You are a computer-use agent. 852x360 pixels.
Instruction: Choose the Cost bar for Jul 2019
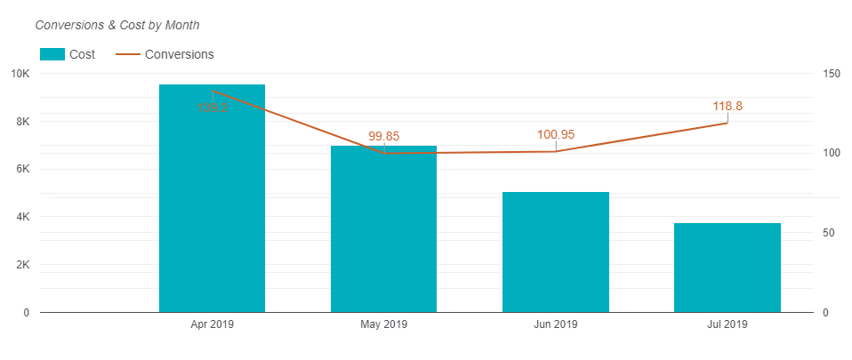(727, 268)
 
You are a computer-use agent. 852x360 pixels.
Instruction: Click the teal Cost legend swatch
(52, 54)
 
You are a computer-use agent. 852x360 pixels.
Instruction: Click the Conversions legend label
(179, 54)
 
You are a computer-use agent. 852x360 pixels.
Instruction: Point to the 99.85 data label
(384, 136)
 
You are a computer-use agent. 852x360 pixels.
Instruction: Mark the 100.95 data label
(556, 134)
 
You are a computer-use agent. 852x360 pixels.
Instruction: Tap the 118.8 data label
(727, 106)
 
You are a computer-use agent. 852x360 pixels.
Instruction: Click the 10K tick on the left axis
(20, 74)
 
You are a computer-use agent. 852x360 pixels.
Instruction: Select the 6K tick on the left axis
(22, 169)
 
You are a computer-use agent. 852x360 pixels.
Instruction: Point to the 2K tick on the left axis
(22, 265)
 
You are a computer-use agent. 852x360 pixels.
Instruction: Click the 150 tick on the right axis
(830, 74)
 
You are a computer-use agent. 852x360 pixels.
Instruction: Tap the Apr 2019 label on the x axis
(212, 325)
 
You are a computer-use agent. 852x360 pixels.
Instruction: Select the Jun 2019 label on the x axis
(555, 325)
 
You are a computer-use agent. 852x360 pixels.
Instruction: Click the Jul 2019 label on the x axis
(727, 325)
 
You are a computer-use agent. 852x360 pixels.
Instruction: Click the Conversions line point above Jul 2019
(727, 123)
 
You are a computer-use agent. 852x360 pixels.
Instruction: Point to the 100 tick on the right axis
(830, 153)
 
